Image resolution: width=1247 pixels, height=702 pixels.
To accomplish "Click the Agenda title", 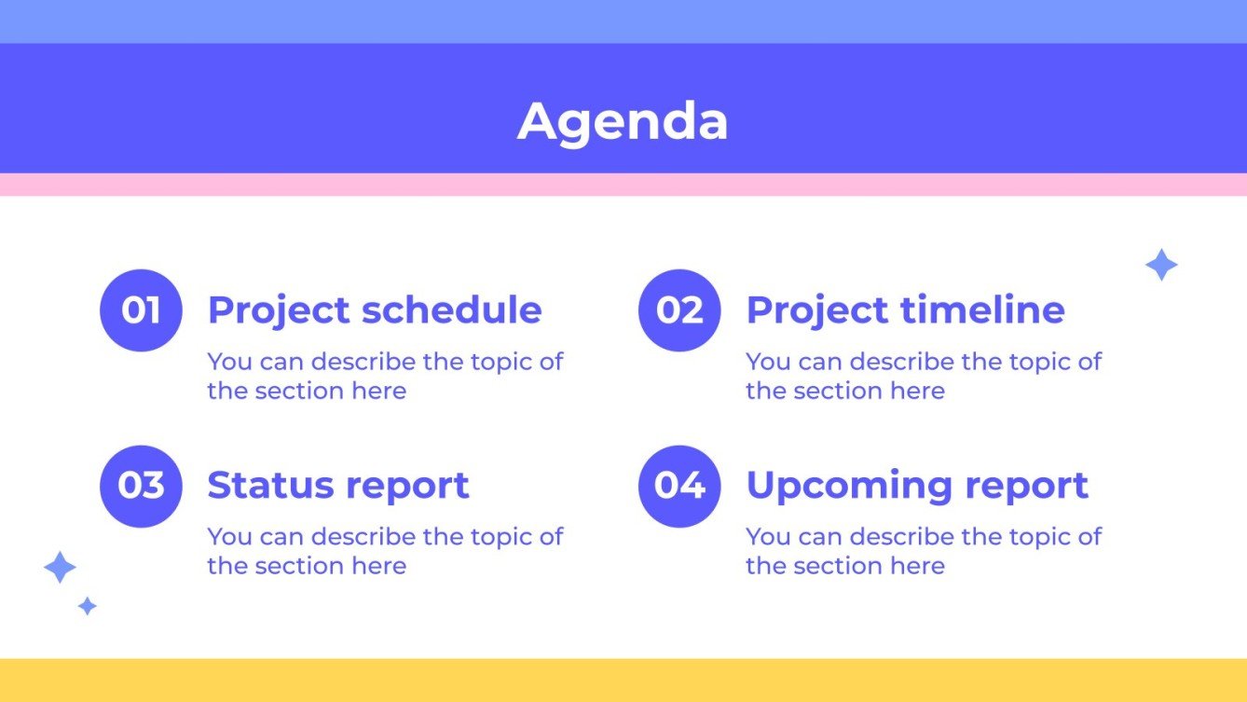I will (623, 122).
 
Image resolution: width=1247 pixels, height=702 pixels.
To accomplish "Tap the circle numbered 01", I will (141, 310).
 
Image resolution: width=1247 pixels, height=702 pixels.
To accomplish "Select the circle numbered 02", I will (679, 310).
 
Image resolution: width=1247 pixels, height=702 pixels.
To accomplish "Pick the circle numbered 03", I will (141, 486).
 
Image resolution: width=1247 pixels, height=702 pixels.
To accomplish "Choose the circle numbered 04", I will (679, 486).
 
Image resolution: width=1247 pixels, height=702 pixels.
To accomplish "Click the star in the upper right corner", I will (1161, 266).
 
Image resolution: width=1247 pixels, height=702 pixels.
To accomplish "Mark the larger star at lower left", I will (60, 567).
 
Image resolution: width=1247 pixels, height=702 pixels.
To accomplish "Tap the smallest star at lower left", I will (88, 606).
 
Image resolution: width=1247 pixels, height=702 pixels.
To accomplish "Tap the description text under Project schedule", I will (384, 376).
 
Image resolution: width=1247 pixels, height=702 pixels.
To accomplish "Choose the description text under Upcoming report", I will (923, 551).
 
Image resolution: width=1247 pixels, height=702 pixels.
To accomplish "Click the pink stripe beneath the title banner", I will (623, 185).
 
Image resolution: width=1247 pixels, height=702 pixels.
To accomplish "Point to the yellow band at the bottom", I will (623, 680).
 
